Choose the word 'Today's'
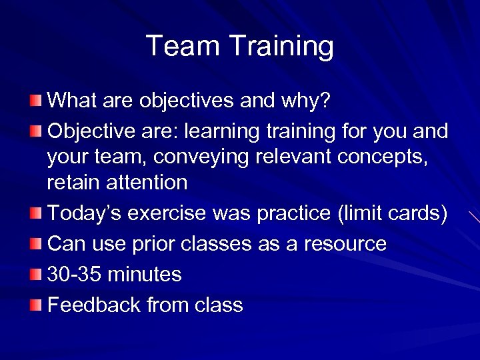point(84,213)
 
